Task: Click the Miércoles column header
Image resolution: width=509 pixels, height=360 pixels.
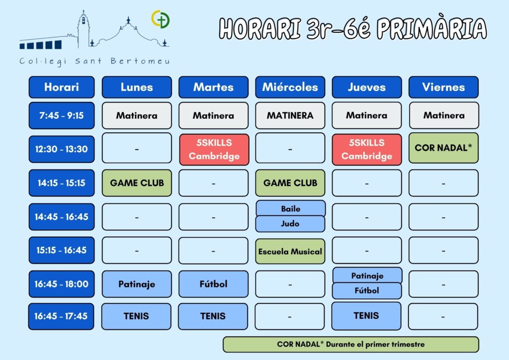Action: pos(290,87)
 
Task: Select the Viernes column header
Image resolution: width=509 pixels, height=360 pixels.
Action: pos(443,87)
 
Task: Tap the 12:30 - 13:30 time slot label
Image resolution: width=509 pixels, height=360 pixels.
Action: pos(61,149)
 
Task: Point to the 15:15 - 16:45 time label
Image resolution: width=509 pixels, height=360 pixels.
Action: pos(61,250)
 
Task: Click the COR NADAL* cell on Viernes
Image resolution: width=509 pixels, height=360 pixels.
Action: pos(443,148)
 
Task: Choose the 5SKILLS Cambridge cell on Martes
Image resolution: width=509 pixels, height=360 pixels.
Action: pos(214,149)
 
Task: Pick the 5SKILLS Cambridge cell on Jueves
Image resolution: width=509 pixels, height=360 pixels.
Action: pos(367,149)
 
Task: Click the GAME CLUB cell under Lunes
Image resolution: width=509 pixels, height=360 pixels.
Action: pos(137,183)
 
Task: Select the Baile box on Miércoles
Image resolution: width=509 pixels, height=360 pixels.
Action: pos(290,208)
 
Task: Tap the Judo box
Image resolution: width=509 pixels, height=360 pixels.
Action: pos(290,224)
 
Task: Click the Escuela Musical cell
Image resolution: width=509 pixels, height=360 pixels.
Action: pos(290,251)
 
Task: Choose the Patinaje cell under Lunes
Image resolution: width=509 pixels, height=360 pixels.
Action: pos(137,284)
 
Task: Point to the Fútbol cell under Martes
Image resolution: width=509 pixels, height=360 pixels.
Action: pos(213,284)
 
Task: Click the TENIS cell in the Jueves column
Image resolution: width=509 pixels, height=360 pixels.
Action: pos(366,316)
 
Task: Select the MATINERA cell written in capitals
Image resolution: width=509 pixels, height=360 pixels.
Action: pos(290,115)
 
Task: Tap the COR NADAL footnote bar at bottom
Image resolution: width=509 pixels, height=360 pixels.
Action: pos(350,345)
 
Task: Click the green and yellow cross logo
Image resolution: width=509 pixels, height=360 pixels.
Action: pos(161,19)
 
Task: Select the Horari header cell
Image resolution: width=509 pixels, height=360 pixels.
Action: pos(61,87)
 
